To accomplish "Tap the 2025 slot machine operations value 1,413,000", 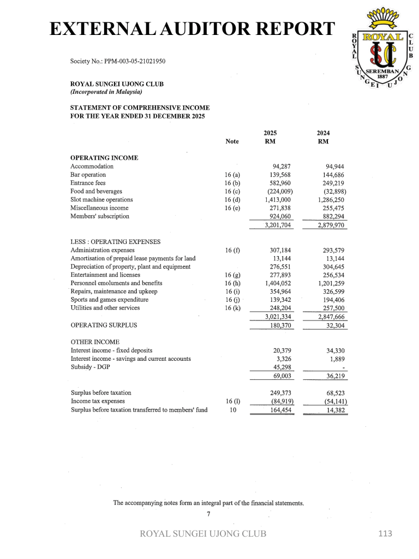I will pyautogui.click(x=278, y=200).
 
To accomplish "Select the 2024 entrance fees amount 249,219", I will pyautogui.click(x=333, y=183).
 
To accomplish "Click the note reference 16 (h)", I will pyautogui.click(x=232, y=283).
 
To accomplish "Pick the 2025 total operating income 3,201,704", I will pyautogui.click(x=278, y=225).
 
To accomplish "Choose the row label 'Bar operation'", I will pyautogui.click(x=88, y=175).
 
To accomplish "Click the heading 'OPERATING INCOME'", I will pyautogui.click(x=104, y=158).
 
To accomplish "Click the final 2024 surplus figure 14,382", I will pyautogui.click(x=336, y=411).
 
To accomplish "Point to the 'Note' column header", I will pyautogui.click(x=232, y=141).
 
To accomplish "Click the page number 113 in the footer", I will pyautogui.click(x=385, y=533).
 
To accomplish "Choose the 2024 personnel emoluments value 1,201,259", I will pyautogui.click(x=331, y=283).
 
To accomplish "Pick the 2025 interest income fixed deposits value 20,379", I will pyautogui.click(x=282, y=350).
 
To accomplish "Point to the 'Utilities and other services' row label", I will pyautogui.click(x=105, y=308).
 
